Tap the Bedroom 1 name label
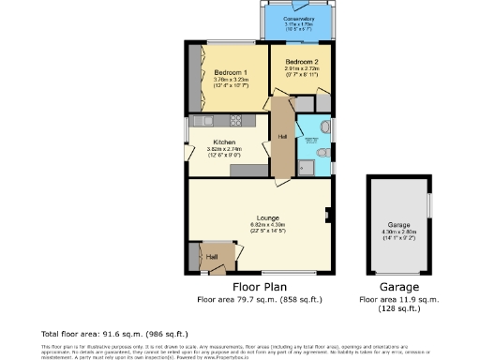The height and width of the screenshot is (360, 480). click(x=231, y=73)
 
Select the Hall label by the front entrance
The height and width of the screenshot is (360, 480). click(x=212, y=255)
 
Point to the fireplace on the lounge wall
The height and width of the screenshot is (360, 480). click(x=327, y=213)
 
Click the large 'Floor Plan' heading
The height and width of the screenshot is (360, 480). click(x=260, y=287)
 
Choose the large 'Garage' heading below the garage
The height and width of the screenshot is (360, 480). click(x=398, y=287)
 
